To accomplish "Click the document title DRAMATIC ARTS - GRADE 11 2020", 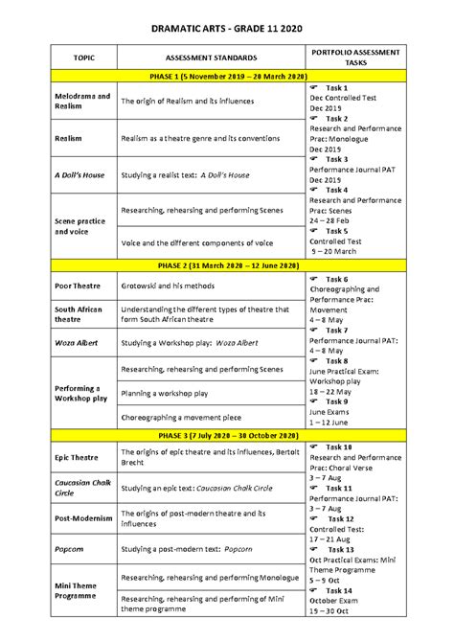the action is (x=226, y=30).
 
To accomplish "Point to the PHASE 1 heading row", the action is (x=227, y=77).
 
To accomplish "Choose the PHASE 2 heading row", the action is (x=227, y=264).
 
